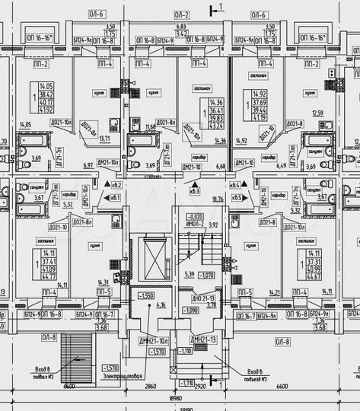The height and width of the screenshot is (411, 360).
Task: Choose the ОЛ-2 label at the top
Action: point(181,14)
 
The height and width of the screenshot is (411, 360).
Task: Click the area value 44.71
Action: point(49,277)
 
